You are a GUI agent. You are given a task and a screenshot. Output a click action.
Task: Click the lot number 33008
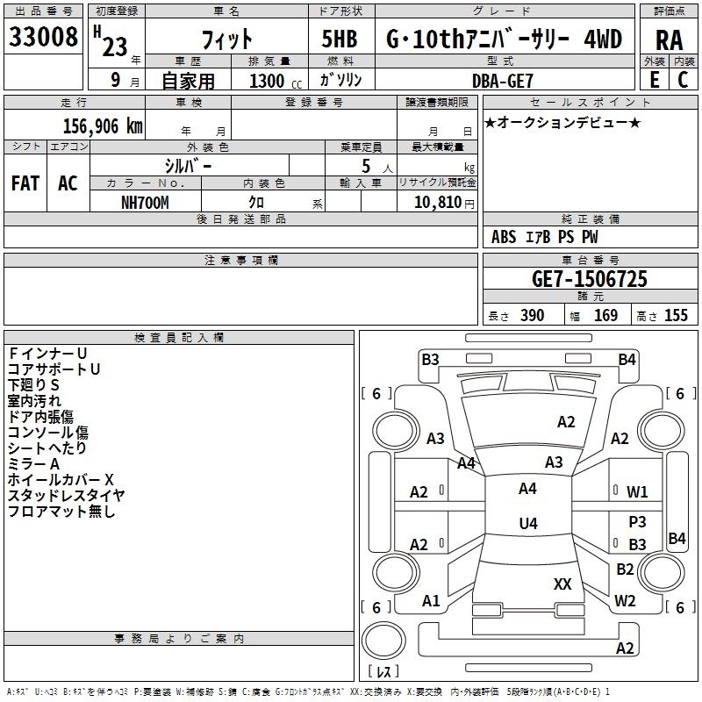(44, 38)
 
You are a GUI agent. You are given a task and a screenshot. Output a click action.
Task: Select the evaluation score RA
(669, 40)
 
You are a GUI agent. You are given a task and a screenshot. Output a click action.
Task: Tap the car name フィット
(227, 39)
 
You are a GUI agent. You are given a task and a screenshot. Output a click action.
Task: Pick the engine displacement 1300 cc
(273, 82)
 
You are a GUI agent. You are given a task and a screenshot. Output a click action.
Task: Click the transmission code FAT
(25, 183)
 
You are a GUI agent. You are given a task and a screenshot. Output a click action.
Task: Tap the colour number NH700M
(145, 202)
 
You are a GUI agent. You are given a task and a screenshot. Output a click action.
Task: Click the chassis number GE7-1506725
(590, 279)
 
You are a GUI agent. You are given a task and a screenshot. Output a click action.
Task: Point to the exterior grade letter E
(654, 80)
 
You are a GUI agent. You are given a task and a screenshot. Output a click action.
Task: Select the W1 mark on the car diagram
(637, 492)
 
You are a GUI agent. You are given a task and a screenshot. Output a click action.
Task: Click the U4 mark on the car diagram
(527, 524)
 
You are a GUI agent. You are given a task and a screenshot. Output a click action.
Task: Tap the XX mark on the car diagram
(562, 584)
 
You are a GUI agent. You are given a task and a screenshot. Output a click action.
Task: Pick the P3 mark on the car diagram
(637, 521)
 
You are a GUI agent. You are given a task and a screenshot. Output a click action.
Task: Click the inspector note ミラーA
(33, 463)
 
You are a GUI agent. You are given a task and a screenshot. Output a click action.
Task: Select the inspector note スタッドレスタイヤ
(66, 495)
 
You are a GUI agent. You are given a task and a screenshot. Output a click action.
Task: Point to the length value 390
(532, 316)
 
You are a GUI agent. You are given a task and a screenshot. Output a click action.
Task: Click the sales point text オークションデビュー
(562, 122)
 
